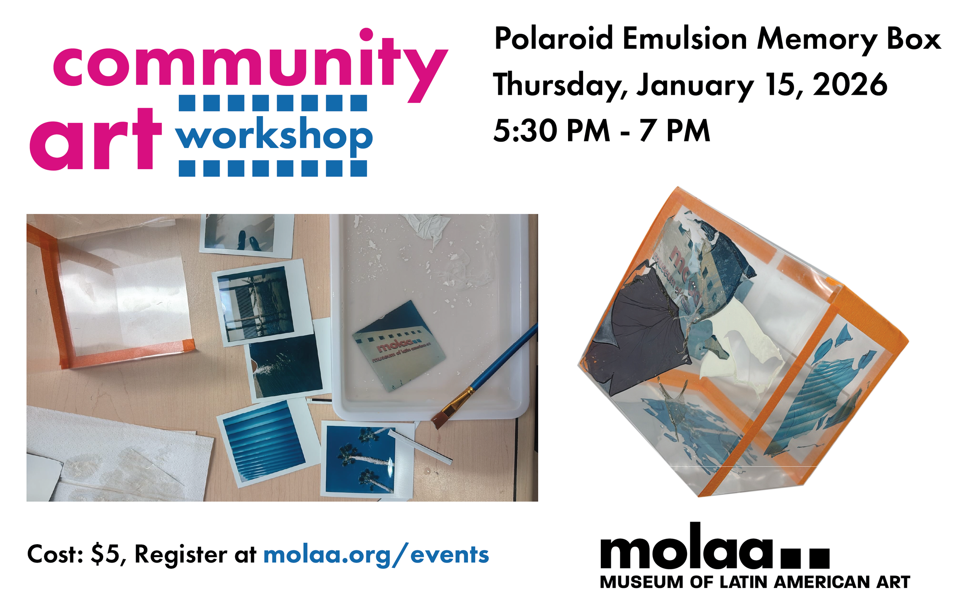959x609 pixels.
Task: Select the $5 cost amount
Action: pos(105,554)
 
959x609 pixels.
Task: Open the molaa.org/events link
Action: pos(376,555)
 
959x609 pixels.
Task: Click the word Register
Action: pos(181,554)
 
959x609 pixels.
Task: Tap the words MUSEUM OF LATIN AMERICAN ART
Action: pos(755,582)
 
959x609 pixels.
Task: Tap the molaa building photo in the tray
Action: pos(398,346)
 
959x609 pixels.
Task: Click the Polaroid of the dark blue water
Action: pos(287,366)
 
